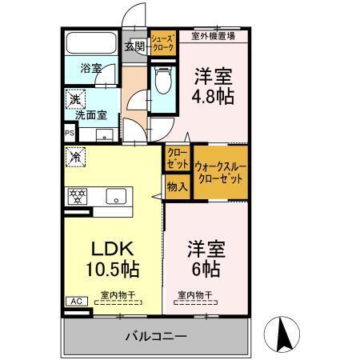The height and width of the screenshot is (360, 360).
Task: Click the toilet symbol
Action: [x=163, y=79]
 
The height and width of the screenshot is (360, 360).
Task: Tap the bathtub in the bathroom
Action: [x=90, y=45]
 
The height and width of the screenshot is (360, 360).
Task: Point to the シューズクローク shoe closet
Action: [x=162, y=43]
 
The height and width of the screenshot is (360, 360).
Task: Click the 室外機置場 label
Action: [x=214, y=35]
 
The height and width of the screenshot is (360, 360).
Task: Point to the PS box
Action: [x=69, y=134]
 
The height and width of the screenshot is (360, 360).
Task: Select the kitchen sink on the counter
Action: [x=115, y=195]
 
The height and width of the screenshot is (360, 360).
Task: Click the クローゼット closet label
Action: [x=177, y=158]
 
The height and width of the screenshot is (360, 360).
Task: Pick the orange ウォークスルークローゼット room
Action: [x=219, y=170]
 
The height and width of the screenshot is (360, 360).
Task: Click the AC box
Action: [x=77, y=302]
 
